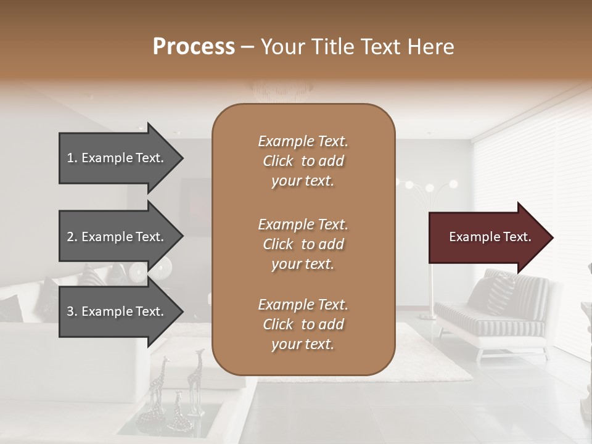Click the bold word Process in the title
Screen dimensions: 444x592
coord(194,47)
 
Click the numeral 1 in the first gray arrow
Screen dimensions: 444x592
coord(70,158)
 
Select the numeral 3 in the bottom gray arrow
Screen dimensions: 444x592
coord(70,311)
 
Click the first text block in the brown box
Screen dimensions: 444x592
coord(303,161)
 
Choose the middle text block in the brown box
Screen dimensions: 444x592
coord(303,244)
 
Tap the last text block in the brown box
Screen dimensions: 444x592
coord(303,324)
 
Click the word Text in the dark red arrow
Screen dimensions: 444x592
coord(517,237)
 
